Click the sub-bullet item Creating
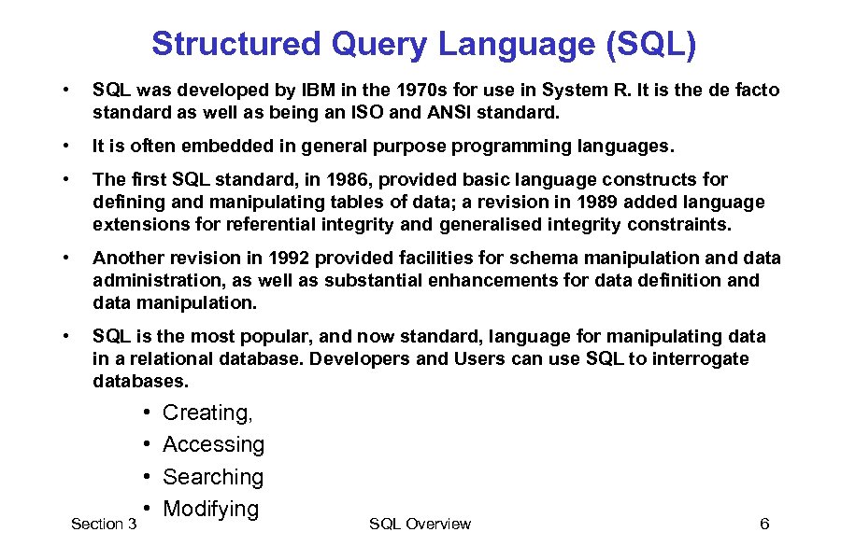coord(207,413)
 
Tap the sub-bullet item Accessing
coord(213,445)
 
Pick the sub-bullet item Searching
coord(213,477)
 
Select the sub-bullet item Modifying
coord(210,509)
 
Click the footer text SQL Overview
coord(420,524)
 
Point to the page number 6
coord(764,524)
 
